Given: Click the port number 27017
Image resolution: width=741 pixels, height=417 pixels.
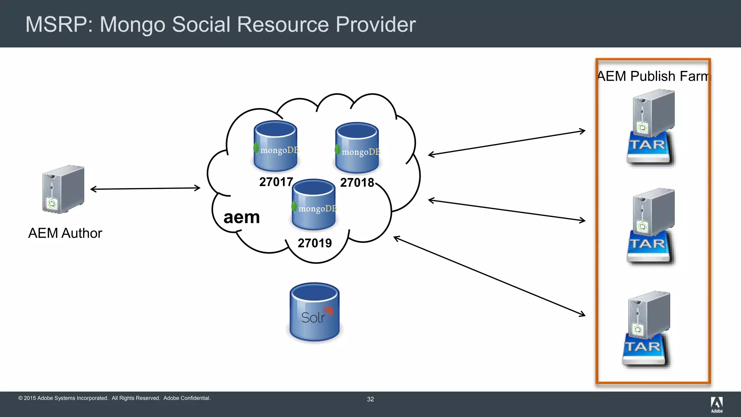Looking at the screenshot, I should [276, 182].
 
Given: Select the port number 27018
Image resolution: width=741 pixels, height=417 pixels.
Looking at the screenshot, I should [357, 182].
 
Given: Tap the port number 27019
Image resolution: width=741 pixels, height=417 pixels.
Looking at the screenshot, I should [314, 243].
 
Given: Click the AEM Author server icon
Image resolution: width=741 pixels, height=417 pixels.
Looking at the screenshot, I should [63, 189].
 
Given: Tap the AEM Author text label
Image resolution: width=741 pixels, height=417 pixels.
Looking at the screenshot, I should [65, 233].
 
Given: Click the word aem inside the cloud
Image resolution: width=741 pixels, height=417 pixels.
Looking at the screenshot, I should [242, 217].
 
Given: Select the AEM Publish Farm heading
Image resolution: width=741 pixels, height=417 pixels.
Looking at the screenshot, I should [653, 76].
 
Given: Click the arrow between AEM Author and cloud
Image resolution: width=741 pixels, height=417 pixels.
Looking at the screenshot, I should [145, 188].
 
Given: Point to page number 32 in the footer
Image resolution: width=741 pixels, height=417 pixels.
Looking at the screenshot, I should [370, 399].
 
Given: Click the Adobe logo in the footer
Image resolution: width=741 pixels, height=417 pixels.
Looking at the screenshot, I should [716, 404].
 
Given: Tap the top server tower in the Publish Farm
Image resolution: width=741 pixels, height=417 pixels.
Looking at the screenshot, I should [653, 112].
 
